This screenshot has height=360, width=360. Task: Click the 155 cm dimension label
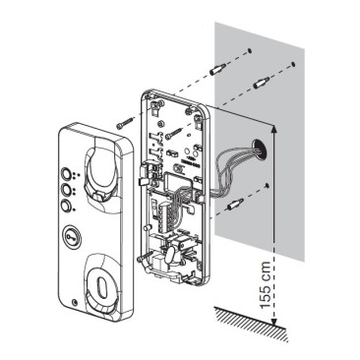[265, 285]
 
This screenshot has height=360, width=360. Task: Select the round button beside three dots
[66, 173]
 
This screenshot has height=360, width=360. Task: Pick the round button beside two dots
[66, 190]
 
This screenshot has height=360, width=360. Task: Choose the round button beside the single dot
[66, 207]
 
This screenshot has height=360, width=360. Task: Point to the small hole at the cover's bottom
[75, 302]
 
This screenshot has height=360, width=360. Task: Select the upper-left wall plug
[216, 69]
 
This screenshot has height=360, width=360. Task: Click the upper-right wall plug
[262, 82]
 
